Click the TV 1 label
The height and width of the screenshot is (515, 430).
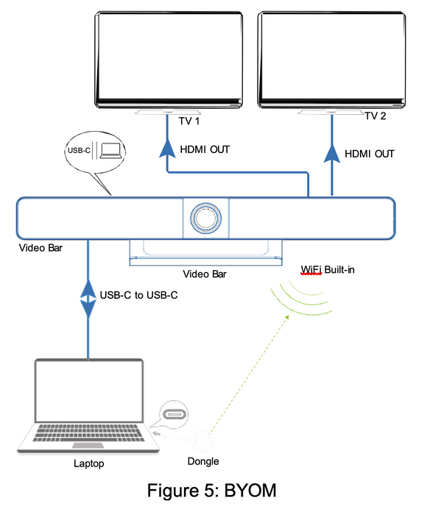(189, 121)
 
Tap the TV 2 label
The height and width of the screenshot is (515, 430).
(376, 116)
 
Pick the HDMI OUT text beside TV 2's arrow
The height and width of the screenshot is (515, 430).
(370, 154)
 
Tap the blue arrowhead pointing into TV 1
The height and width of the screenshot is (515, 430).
(168, 150)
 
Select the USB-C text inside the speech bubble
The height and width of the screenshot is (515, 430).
(79, 152)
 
